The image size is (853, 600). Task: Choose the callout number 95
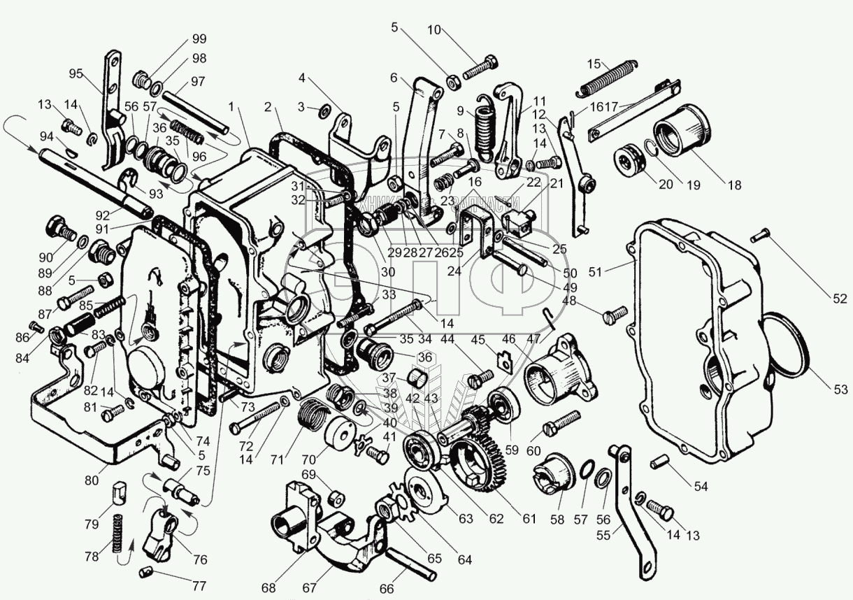pyautogui.click(x=76, y=73)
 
